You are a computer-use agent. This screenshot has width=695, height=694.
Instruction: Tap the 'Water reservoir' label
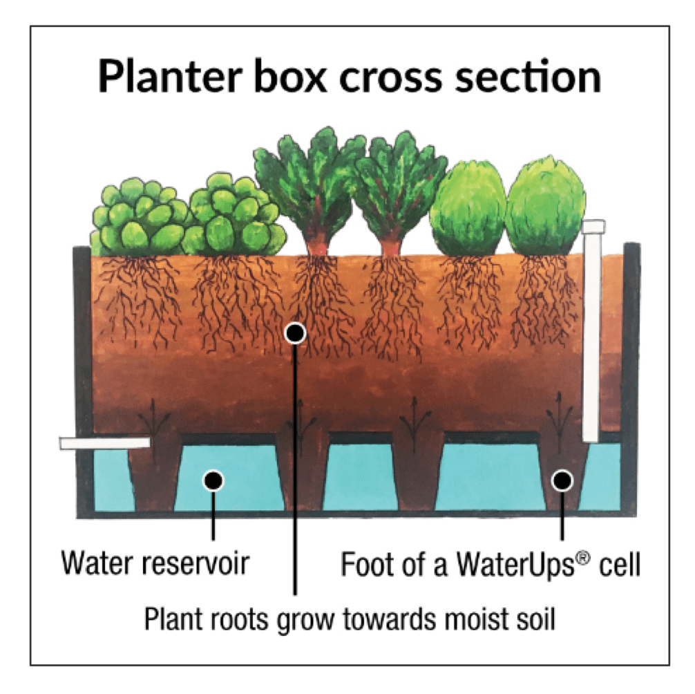point(155,565)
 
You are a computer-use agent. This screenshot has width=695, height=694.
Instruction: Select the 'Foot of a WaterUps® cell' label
point(491,565)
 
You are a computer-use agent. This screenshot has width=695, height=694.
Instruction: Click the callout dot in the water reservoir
point(213,479)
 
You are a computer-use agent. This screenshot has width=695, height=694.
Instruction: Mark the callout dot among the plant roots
point(295,334)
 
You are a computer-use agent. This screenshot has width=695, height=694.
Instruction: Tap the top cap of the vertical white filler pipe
point(593,225)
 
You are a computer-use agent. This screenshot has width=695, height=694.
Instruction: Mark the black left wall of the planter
point(83,373)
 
